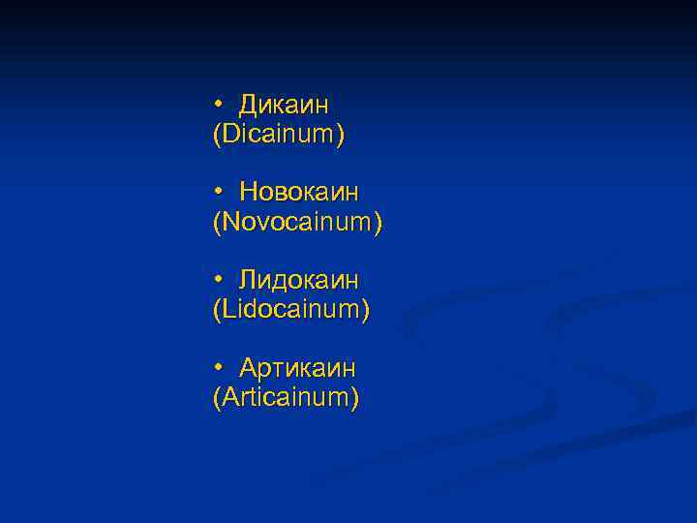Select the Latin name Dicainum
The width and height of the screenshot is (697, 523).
pyautogui.click(x=278, y=135)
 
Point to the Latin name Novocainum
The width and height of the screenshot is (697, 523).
pyautogui.click(x=297, y=223)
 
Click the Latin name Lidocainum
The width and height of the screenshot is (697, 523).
pyautogui.click(x=291, y=311)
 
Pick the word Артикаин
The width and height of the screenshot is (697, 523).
pyautogui.click(x=297, y=368)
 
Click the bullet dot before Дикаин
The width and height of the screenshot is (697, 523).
pyautogui.click(x=220, y=103)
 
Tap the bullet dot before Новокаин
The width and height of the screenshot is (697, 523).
pyautogui.click(x=220, y=191)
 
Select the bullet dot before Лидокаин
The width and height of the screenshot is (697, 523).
pyautogui.click(x=220, y=279)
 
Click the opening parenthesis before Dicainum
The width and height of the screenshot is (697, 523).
pyautogui.click(x=216, y=136)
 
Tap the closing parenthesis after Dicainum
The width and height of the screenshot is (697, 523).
pyautogui.click(x=340, y=136)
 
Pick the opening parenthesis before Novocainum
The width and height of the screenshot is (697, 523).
pyautogui.click(x=216, y=224)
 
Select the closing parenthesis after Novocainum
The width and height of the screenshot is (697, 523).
pyautogui.click(x=379, y=224)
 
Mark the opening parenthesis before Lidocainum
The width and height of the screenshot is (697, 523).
pyautogui.click(x=216, y=312)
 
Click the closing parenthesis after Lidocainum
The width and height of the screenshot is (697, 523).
pyautogui.click(x=366, y=312)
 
